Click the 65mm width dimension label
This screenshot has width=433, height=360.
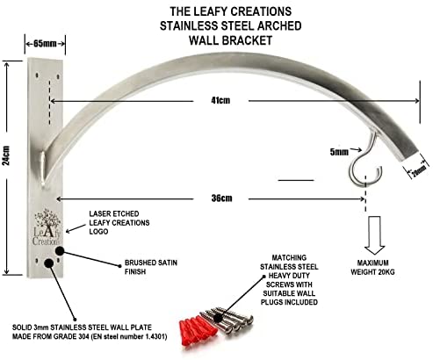point(45,44)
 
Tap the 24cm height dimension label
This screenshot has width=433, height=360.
point(6,155)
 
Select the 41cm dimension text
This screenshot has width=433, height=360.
point(220,100)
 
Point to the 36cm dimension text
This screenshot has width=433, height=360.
point(221,198)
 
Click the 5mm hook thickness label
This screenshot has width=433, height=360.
point(339,152)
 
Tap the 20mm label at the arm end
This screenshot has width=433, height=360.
point(419,170)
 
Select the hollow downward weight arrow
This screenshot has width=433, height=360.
point(374,235)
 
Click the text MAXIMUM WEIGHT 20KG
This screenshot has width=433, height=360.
point(372,268)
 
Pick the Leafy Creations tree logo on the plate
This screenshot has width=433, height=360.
point(47,227)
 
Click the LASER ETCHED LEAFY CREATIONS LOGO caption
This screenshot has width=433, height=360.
point(119,222)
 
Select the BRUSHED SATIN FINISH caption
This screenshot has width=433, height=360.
point(151,267)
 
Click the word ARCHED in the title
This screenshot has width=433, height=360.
point(279,25)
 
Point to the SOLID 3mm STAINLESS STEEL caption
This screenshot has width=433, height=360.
point(90,332)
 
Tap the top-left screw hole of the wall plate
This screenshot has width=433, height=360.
point(37,76)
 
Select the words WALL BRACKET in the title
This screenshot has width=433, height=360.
point(231,40)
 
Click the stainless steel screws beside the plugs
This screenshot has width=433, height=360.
point(231,320)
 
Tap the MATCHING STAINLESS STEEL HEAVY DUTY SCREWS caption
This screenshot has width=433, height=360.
point(289,280)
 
